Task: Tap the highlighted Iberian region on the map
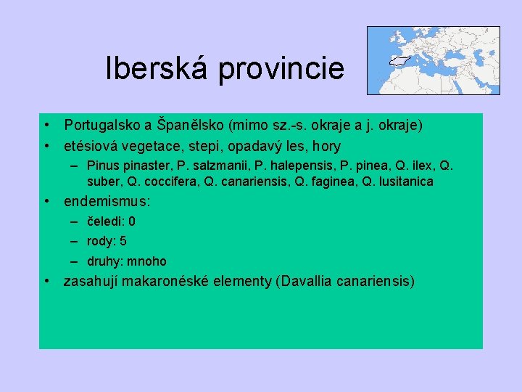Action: point(399,62)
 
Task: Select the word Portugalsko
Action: point(103,125)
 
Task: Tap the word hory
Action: point(325,145)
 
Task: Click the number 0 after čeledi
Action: point(132,221)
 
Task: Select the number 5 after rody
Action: point(123,241)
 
